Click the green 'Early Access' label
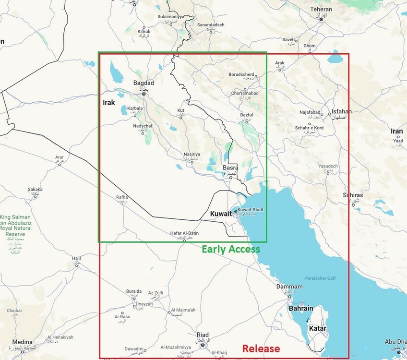(x=230, y=249)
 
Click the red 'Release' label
(x=261, y=348)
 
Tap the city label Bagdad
(x=144, y=83)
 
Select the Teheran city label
(x=321, y=9)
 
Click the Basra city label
(x=230, y=168)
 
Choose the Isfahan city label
(x=341, y=112)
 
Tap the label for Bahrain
(x=301, y=308)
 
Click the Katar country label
(x=317, y=329)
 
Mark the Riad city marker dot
(x=203, y=345)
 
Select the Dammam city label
(x=289, y=287)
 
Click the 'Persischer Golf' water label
(x=321, y=279)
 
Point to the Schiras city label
(x=353, y=195)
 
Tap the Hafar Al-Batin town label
(x=184, y=233)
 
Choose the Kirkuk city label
(x=144, y=32)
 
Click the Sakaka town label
(x=35, y=189)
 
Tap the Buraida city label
(x=133, y=291)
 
